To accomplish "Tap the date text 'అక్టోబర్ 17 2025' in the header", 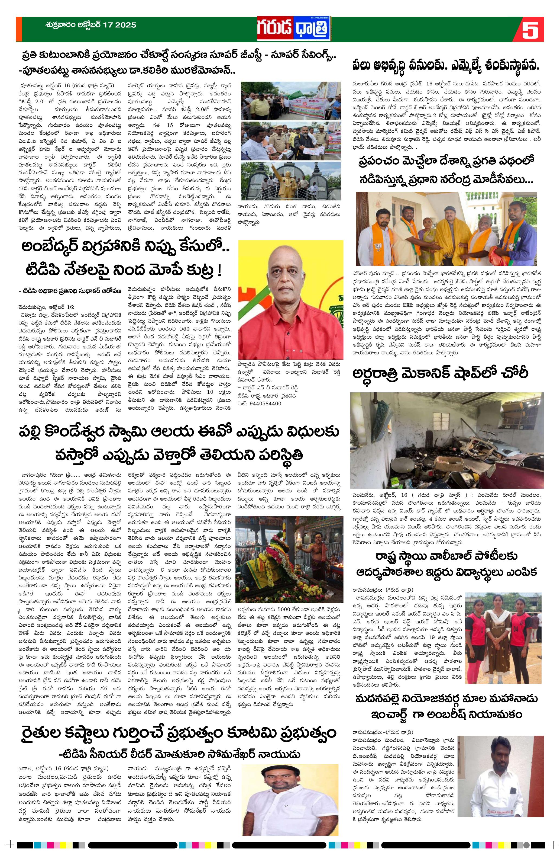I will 105,25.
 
